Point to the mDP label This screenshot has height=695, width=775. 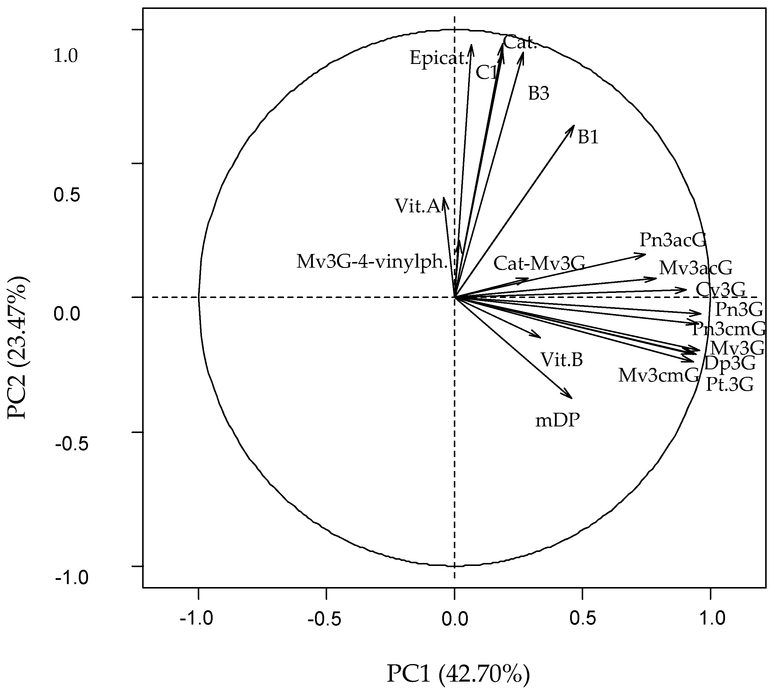(557, 421)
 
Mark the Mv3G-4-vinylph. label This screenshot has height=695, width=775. (372, 262)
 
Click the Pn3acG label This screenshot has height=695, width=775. (673, 241)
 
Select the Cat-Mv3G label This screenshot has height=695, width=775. (539, 263)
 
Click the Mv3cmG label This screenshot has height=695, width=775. (658, 375)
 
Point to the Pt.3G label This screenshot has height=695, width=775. (729, 385)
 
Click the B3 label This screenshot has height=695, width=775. (538, 94)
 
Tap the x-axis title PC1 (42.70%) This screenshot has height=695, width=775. (458, 674)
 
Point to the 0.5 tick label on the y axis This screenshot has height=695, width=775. (66, 195)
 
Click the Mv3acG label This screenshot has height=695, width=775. (696, 269)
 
